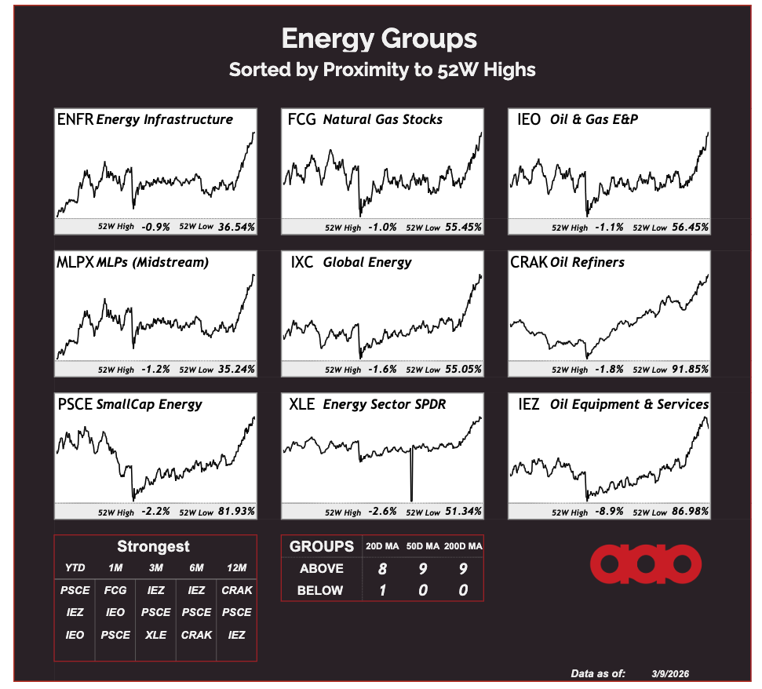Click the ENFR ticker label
tap(75, 119)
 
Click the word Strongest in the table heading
tap(153, 547)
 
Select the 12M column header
tap(237, 567)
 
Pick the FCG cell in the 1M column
tap(115, 590)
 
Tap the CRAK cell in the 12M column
tap(237, 590)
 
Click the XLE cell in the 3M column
tap(155, 635)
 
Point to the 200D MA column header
tap(463, 546)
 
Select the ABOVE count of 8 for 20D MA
tap(382, 568)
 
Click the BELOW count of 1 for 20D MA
tap(382, 590)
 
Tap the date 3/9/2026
tap(671, 673)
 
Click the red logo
tap(646, 563)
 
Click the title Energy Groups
tap(379, 38)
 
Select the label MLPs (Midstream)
tap(151, 262)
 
